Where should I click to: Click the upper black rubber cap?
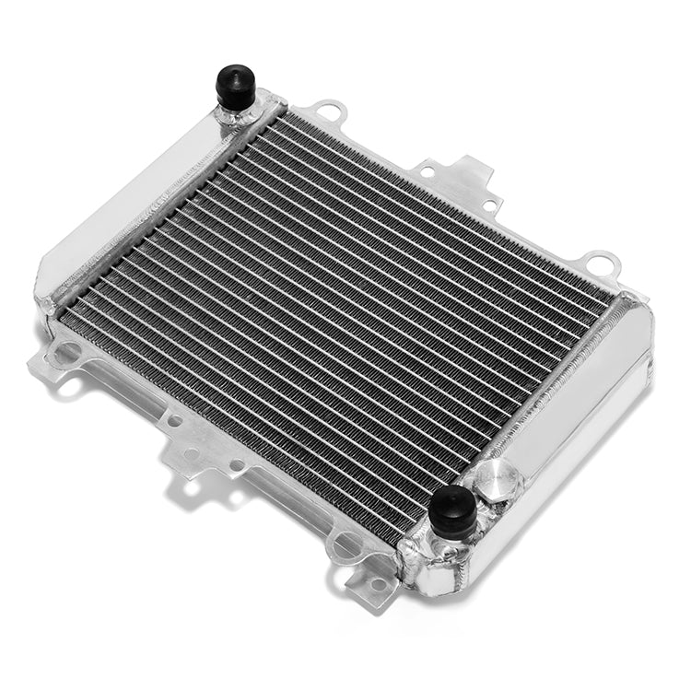coord(235,86)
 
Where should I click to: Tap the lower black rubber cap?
coord(453,509)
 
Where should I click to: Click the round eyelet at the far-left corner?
coord(66,352)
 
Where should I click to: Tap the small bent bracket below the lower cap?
coord(373,580)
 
